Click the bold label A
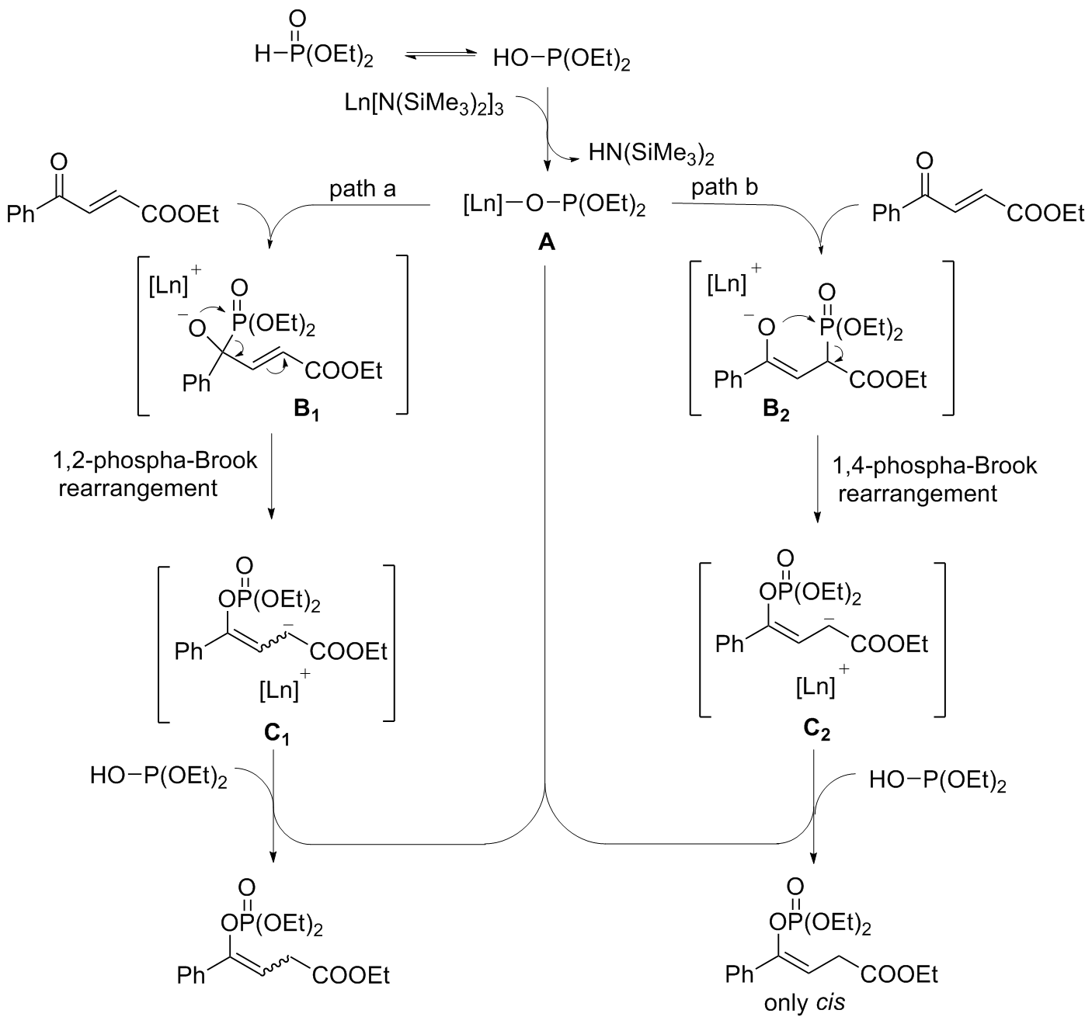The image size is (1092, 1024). point(546,243)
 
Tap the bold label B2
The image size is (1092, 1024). point(775,411)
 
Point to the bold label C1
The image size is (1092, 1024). point(276,732)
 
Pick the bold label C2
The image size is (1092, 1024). point(816,732)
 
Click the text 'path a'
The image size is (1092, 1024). point(363,189)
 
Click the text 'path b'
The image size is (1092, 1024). point(725,187)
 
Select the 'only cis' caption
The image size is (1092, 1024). point(804,1002)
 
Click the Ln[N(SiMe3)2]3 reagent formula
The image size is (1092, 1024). point(424,104)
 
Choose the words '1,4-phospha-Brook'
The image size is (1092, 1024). point(935,465)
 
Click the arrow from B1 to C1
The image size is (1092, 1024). point(271,481)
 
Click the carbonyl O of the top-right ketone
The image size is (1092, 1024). point(923,161)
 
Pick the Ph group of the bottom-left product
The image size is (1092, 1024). point(191,975)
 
